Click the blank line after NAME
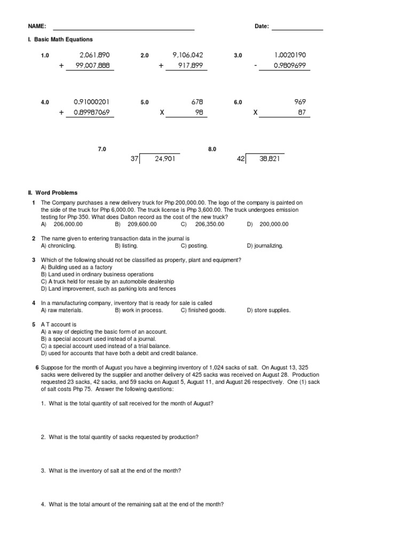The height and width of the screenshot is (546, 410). click(123, 29)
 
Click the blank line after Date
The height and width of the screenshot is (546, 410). click(297, 29)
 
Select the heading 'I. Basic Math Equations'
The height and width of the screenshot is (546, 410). click(61, 39)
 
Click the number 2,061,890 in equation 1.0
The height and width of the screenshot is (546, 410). click(94, 55)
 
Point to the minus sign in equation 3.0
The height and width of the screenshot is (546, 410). click(256, 66)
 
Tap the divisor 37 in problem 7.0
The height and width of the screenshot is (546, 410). click(134, 159)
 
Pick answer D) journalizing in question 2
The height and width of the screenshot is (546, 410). click(265, 246)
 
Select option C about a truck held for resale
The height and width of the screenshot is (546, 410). click(107, 281)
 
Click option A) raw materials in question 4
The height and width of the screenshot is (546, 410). click(61, 310)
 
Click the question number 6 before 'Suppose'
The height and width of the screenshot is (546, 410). click(37, 368)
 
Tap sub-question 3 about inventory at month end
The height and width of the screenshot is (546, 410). click(111, 471)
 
